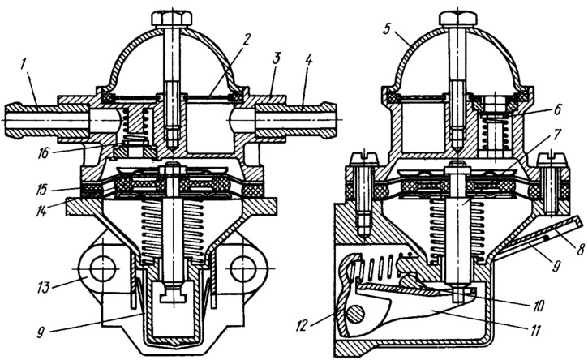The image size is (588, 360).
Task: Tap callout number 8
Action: (581, 250)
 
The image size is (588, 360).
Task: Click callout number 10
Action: (538, 306)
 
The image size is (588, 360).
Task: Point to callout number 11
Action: (535, 331)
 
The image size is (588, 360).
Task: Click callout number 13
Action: (43, 288)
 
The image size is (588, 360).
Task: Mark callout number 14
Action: (41, 211)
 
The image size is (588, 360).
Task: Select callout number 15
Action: (41, 189)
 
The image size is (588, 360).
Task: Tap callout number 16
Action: (44, 152)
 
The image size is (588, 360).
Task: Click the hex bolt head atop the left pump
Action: (172, 19)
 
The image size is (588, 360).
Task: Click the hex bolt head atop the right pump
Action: (457, 18)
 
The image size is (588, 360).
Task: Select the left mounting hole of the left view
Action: (102, 269)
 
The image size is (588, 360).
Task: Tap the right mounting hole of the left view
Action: (243, 269)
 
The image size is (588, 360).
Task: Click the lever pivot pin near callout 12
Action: (356, 314)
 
